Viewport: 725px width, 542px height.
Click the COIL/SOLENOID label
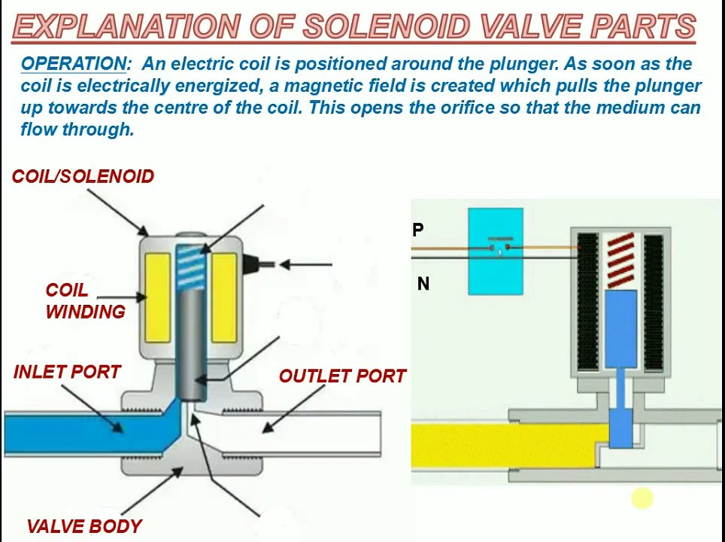click(x=83, y=176)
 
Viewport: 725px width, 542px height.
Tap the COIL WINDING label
click(x=85, y=301)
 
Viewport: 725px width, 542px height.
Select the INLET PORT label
click(x=67, y=372)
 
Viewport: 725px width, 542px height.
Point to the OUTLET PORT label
click(x=342, y=376)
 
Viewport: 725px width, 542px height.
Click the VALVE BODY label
click(x=84, y=526)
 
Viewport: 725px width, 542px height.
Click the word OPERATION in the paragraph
click(x=74, y=64)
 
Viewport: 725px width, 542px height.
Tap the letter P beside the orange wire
click(x=418, y=230)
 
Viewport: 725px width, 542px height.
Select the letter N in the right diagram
click(x=423, y=284)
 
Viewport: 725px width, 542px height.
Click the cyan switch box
click(x=496, y=251)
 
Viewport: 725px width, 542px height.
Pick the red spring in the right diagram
click(x=620, y=260)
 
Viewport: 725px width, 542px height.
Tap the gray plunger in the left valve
click(x=192, y=339)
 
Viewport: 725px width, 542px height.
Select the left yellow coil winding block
click(x=158, y=297)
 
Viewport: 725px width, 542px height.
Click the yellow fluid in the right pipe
click(x=504, y=444)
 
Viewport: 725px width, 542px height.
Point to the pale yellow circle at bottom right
click(x=642, y=498)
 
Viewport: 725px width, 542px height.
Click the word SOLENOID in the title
click(x=387, y=28)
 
